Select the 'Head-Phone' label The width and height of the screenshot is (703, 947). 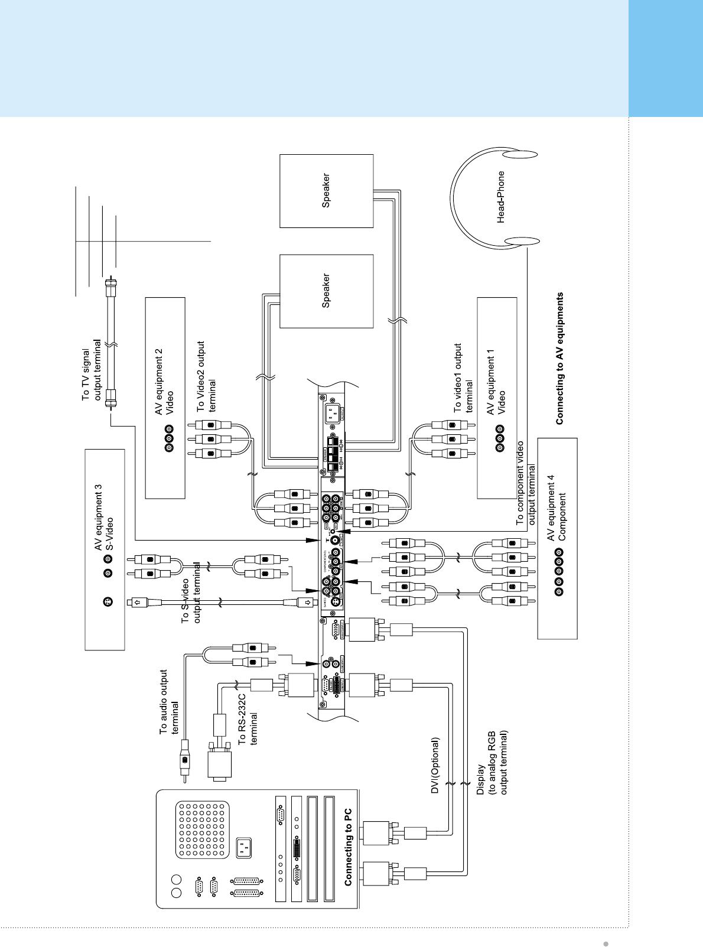click(501, 197)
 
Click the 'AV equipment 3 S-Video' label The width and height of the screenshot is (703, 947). click(103, 518)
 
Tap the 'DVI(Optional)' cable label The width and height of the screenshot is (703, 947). click(435, 766)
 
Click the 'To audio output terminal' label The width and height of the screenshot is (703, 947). click(170, 702)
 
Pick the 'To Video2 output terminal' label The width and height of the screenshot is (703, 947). click(206, 376)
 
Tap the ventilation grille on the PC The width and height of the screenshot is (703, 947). click(202, 829)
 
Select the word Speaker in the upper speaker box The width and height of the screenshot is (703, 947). click(326, 190)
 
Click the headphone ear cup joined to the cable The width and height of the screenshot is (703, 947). click(522, 241)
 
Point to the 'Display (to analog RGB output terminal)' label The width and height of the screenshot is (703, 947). click(492, 779)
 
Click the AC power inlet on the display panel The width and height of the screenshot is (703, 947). click(334, 410)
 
